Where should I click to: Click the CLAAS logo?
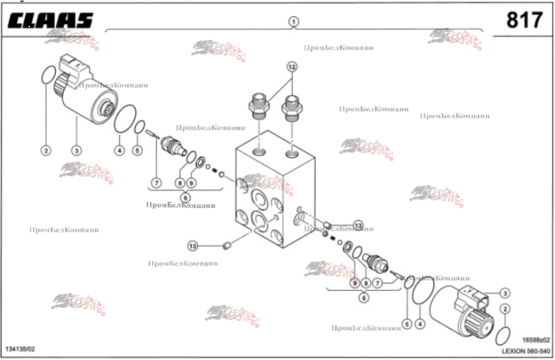pos(50,21)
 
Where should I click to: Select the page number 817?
pos(524,21)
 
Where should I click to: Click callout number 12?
pos(292,66)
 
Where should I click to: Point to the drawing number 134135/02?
pos(20,349)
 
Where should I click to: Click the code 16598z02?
pos(536,339)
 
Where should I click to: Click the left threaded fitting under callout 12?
pos(259,106)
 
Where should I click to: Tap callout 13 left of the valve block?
pos(193,246)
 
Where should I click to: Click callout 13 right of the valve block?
pos(358,226)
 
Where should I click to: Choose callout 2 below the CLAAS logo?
pos(46,151)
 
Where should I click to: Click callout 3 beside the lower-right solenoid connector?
pos(505,293)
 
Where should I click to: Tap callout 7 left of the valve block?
pos(156,182)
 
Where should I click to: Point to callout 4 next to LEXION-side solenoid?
pos(419,324)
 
